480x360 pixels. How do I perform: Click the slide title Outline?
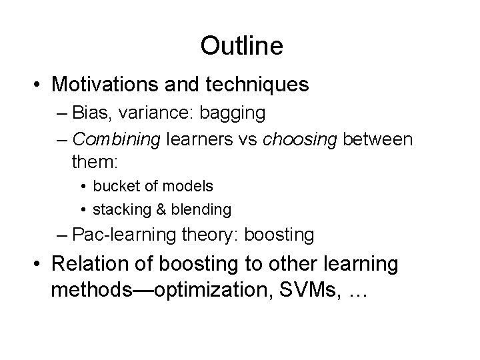click(241, 46)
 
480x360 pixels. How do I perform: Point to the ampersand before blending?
click(161, 209)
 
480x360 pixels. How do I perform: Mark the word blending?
click(201, 209)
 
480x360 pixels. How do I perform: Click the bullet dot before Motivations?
click(33, 85)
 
